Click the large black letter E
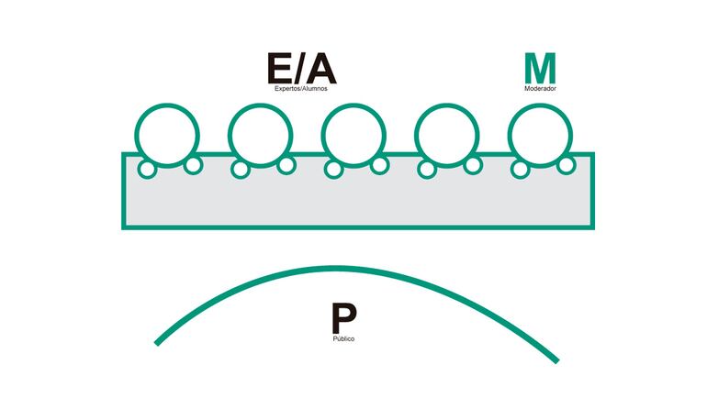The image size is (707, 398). pyautogui.click(x=279, y=69)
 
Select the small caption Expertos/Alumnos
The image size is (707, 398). pyautogui.click(x=300, y=89)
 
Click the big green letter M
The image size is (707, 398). pyautogui.click(x=540, y=68)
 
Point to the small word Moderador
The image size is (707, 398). pyautogui.click(x=540, y=89)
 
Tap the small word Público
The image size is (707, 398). pyautogui.click(x=343, y=339)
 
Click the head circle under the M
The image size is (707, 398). pyautogui.click(x=540, y=135)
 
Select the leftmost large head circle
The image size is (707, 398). pyautogui.click(x=167, y=135)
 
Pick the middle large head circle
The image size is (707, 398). pyautogui.click(x=353, y=135)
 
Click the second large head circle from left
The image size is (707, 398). pyautogui.click(x=260, y=135)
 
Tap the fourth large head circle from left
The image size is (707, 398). pyautogui.click(x=446, y=135)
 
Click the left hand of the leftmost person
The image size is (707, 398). pyautogui.click(x=145, y=169)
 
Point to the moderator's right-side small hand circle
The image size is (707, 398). pyautogui.click(x=567, y=165)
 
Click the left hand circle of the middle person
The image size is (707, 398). pyautogui.click(x=332, y=169)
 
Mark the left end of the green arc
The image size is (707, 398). pyautogui.click(x=158, y=343)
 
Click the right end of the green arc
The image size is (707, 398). pyautogui.click(x=556, y=359)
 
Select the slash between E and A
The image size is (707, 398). pyautogui.click(x=300, y=69)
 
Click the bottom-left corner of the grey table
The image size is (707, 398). pyautogui.click(x=124, y=226)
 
